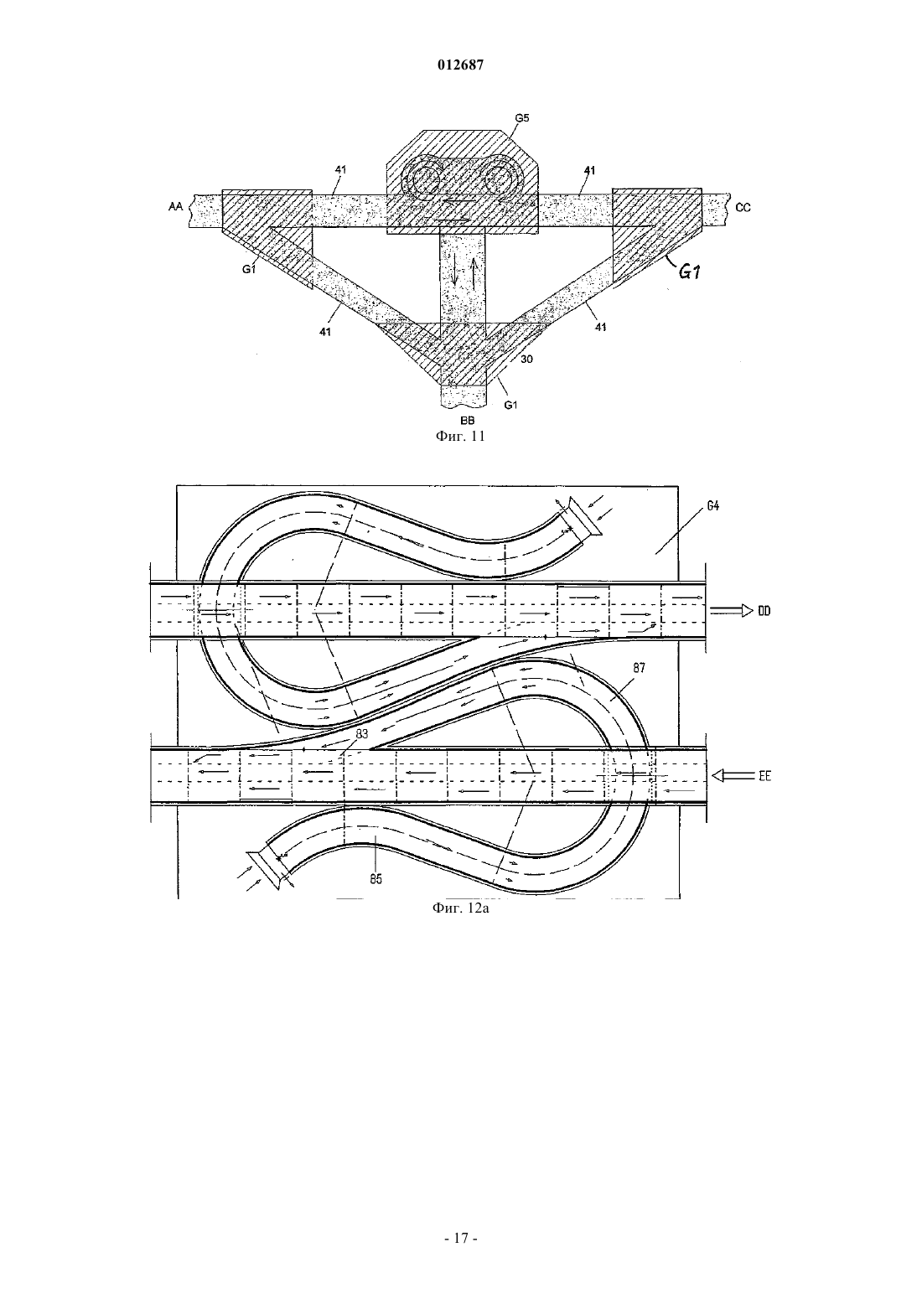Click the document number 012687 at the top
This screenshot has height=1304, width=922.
pyautogui.click(x=460, y=65)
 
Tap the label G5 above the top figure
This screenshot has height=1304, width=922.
pyautogui.click(x=521, y=118)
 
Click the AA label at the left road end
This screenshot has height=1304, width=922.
pyautogui.click(x=175, y=206)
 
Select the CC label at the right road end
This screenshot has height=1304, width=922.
pyautogui.click(x=743, y=207)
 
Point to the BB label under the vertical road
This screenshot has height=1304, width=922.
pyautogui.click(x=467, y=421)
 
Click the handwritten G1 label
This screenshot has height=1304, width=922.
pyautogui.click(x=689, y=271)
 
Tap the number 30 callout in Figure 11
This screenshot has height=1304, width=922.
pyautogui.click(x=526, y=360)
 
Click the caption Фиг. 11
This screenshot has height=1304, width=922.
pyautogui.click(x=460, y=436)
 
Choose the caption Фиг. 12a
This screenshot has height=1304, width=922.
pyautogui.click(x=460, y=908)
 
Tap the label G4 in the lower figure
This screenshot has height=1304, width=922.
pyautogui.click(x=713, y=506)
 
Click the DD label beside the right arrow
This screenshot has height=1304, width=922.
pyautogui.click(x=764, y=611)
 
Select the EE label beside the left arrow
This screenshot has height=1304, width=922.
pyautogui.click(x=764, y=776)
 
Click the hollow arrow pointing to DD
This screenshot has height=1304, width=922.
pyautogui.click(x=732, y=611)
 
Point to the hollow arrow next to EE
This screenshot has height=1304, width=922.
pyautogui.click(x=733, y=775)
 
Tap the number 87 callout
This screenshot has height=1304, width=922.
pyautogui.click(x=639, y=668)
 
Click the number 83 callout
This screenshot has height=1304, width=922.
pyautogui.click(x=362, y=734)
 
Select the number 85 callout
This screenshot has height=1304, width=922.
pyautogui.click(x=376, y=879)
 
